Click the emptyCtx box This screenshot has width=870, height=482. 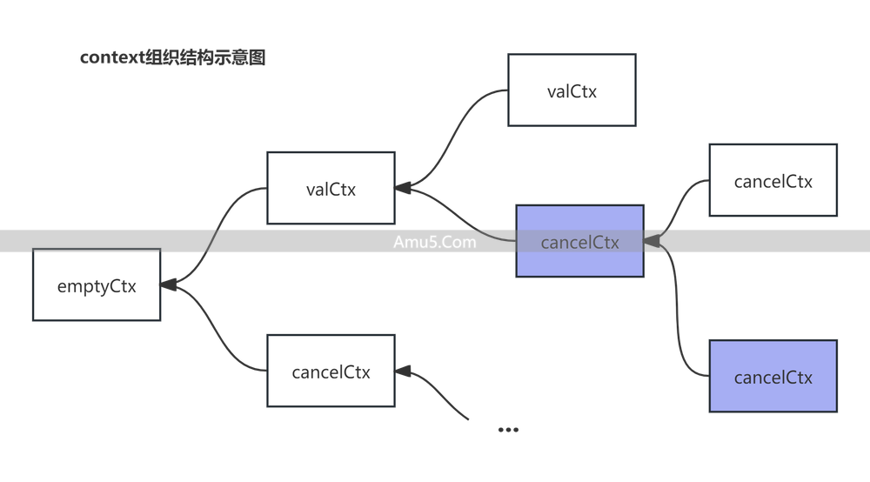(x=96, y=285)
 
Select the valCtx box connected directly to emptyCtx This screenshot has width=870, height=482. (x=331, y=188)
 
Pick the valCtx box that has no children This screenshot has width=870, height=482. (x=572, y=90)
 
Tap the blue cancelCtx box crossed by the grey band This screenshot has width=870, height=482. (x=579, y=241)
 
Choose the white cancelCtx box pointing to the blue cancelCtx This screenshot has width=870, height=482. (x=773, y=180)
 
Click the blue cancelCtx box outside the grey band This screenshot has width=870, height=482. (x=773, y=376)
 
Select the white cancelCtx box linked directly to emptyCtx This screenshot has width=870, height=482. (x=331, y=371)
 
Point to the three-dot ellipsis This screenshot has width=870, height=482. (x=507, y=429)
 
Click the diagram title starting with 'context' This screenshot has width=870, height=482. (x=172, y=58)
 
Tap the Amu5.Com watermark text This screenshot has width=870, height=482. (x=433, y=242)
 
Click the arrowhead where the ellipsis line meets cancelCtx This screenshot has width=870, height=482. (x=405, y=372)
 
